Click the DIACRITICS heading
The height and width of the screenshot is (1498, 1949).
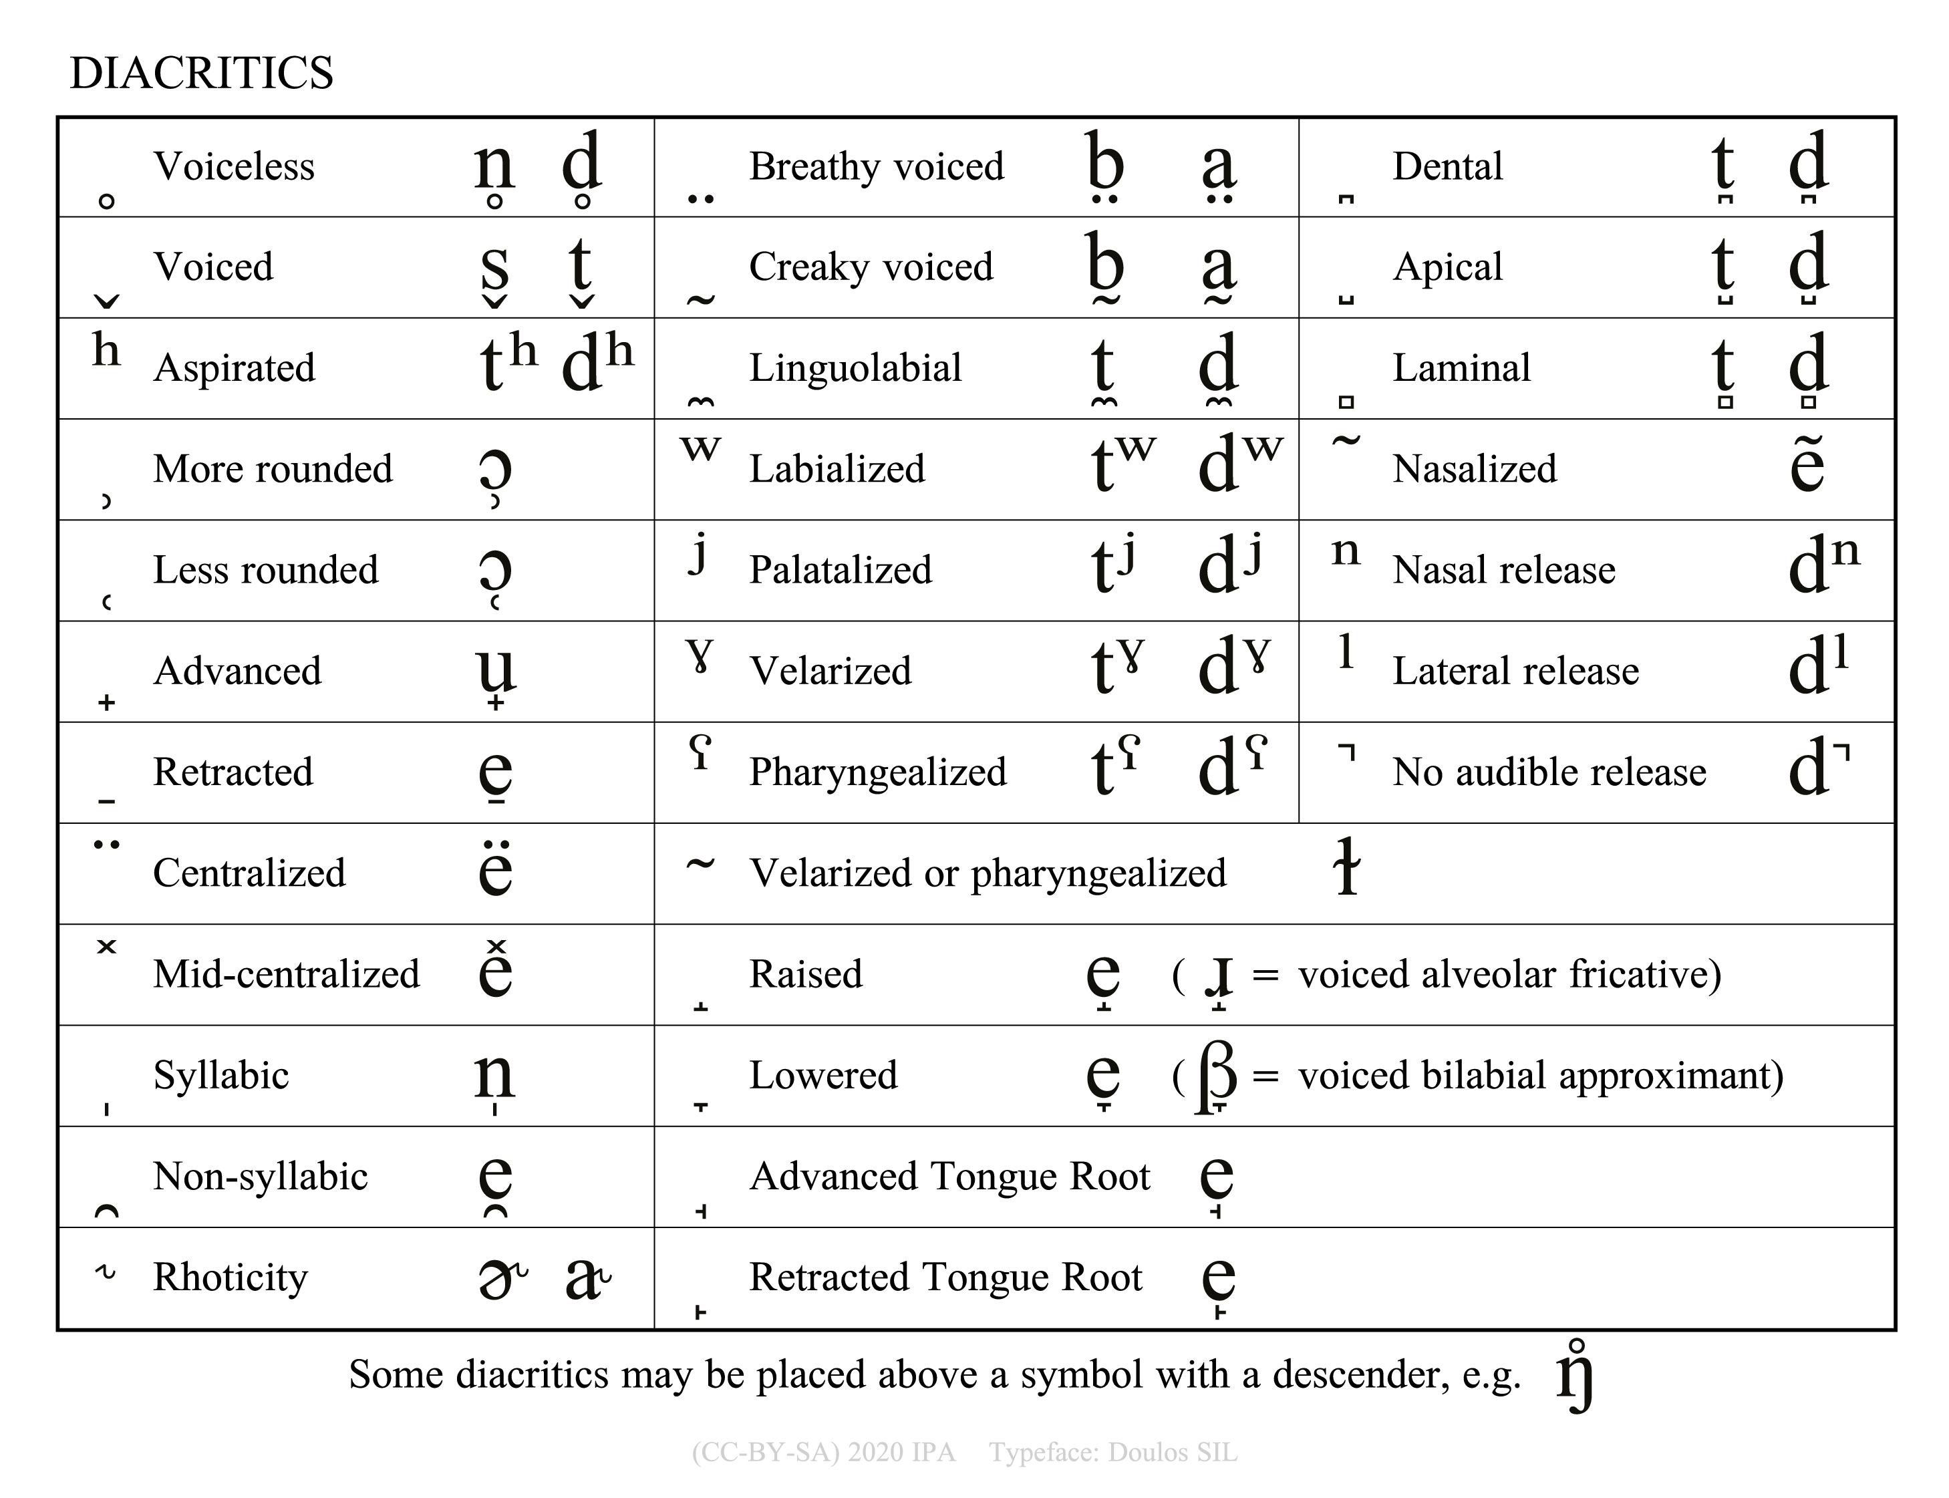(202, 73)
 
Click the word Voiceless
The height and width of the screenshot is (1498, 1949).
(234, 167)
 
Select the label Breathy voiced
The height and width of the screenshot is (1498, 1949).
(877, 167)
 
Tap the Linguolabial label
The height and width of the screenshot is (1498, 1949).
(855, 368)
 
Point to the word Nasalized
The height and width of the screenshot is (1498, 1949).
(1475, 469)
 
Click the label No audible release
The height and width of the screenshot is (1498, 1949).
(1549, 772)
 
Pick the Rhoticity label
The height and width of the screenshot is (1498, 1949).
(230, 1277)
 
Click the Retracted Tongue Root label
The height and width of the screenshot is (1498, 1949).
(945, 1277)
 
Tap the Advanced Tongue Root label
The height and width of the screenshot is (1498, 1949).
(949, 1176)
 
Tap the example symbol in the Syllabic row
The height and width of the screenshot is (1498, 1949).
(495, 1077)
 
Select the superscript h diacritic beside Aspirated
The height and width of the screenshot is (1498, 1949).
(106, 349)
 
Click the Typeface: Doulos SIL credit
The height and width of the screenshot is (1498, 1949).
(1112, 1453)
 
